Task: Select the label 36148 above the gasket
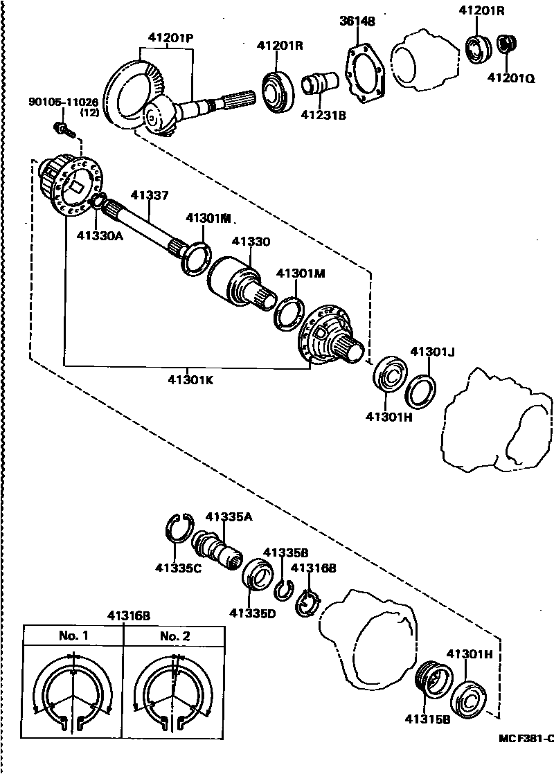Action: [x=357, y=21]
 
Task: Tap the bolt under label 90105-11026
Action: [x=61, y=128]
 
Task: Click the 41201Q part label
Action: [x=511, y=78]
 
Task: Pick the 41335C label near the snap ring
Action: [x=179, y=570]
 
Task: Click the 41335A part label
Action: [x=229, y=516]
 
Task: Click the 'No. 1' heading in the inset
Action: [x=73, y=636]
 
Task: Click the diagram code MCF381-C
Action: [x=526, y=737]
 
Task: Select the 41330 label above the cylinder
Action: [x=251, y=242]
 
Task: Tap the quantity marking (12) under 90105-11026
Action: [x=89, y=113]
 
